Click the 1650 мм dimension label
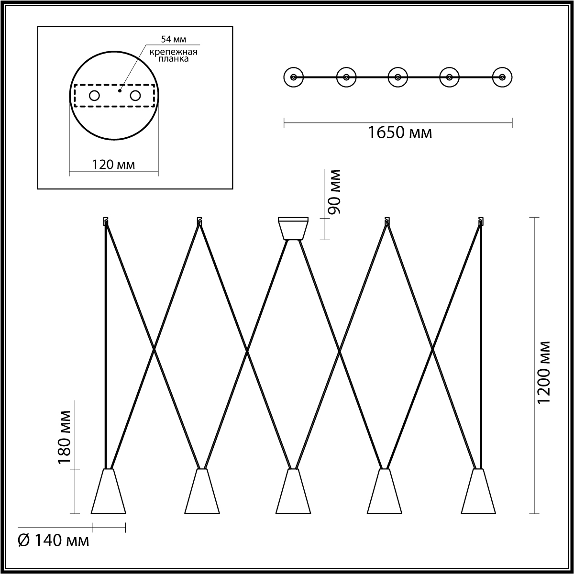coord(400,132)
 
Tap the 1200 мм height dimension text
coord(544,372)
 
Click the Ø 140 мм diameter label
coord(53,541)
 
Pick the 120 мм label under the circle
coord(113,165)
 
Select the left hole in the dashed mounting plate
coord(94,96)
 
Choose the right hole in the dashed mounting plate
coord(135,96)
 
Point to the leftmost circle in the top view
coord(293,77)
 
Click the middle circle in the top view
coord(397,77)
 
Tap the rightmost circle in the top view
coord(502,77)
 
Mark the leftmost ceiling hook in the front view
coord(106,221)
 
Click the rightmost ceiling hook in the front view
coord(480,221)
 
